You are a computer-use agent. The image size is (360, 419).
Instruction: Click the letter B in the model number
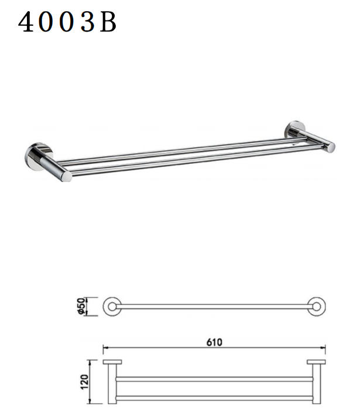click(108, 22)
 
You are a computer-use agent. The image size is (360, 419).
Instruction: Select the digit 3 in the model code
click(88, 22)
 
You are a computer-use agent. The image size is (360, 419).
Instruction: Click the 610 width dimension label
click(214, 342)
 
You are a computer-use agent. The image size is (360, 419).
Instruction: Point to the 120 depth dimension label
click(84, 382)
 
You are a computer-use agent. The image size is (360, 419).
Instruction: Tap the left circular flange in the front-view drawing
click(112, 307)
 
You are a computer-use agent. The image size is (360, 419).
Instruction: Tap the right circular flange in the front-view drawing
click(317, 307)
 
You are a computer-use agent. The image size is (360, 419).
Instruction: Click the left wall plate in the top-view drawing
click(112, 362)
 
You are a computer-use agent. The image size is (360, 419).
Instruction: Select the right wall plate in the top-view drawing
click(316, 362)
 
